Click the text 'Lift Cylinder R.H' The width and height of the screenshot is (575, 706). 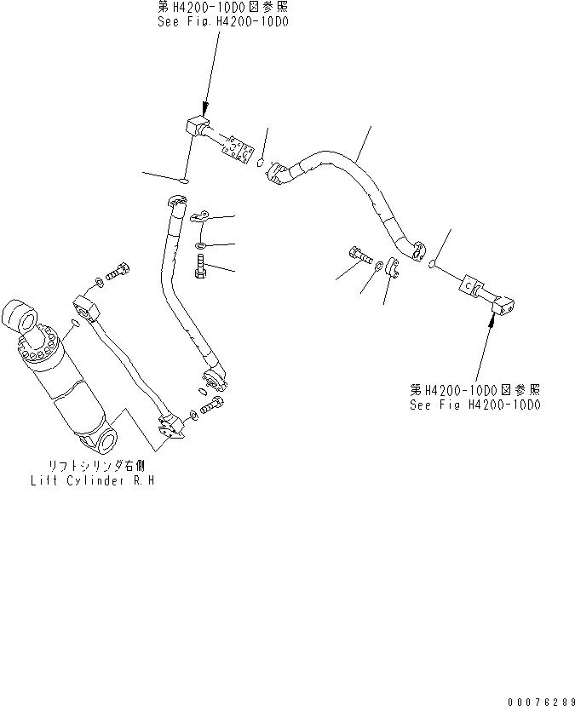coord(91,481)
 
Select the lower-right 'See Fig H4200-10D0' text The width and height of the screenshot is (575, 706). coord(474,405)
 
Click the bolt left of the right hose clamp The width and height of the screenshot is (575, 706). coord(358,254)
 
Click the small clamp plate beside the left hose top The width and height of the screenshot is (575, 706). coord(201,218)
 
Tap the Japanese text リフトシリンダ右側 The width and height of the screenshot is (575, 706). coord(92,468)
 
